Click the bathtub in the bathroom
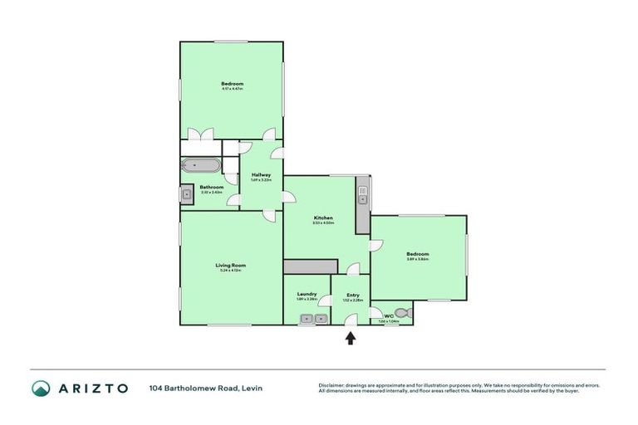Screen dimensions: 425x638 pyautogui.click(x=200, y=165)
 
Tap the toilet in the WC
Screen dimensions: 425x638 pyautogui.click(x=404, y=313)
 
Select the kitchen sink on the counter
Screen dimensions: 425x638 pyautogui.click(x=362, y=198)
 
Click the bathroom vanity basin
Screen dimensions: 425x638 pyautogui.click(x=186, y=196)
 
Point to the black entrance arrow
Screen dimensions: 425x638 pyautogui.click(x=350, y=338)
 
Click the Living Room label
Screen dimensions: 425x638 pyautogui.click(x=231, y=265)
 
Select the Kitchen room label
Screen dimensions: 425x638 pyautogui.click(x=323, y=217)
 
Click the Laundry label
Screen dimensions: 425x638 pyautogui.click(x=307, y=295)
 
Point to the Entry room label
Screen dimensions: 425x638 pyautogui.click(x=353, y=295)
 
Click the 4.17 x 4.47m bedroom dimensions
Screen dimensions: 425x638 pyautogui.click(x=232, y=89)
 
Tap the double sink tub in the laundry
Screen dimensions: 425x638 pyautogui.click(x=313, y=319)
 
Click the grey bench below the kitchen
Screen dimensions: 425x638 pyautogui.click(x=310, y=266)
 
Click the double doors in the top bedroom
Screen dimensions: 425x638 pyautogui.click(x=201, y=134)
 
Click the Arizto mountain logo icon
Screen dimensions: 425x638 pyautogui.click(x=41, y=388)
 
